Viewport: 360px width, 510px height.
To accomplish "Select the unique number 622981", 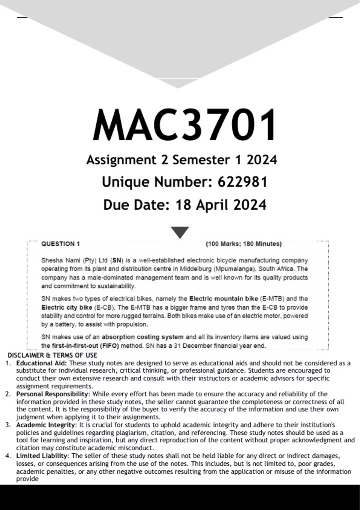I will pyautogui.click(x=242, y=182).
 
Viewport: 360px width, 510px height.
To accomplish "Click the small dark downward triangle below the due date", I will pyautogui.click(x=180, y=232).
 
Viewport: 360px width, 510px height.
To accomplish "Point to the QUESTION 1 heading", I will pyautogui.click(x=61, y=244).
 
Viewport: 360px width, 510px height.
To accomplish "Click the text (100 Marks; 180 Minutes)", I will pyautogui.click(x=244, y=244).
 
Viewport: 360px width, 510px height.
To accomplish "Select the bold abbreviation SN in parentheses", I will pyautogui.click(x=117, y=260).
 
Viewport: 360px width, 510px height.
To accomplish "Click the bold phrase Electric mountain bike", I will pyautogui.click(x=223, y=298).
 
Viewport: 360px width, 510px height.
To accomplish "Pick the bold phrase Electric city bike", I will pyautogui.click(x=67, y=307).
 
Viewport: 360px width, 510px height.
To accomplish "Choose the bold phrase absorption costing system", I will pyautogui.click(x=142, y=337).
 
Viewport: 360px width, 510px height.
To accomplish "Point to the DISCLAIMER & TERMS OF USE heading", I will pyautogui.click(x=52, y=355).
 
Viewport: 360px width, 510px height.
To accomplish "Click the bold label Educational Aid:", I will pyautogui.click(x=42, y=363).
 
